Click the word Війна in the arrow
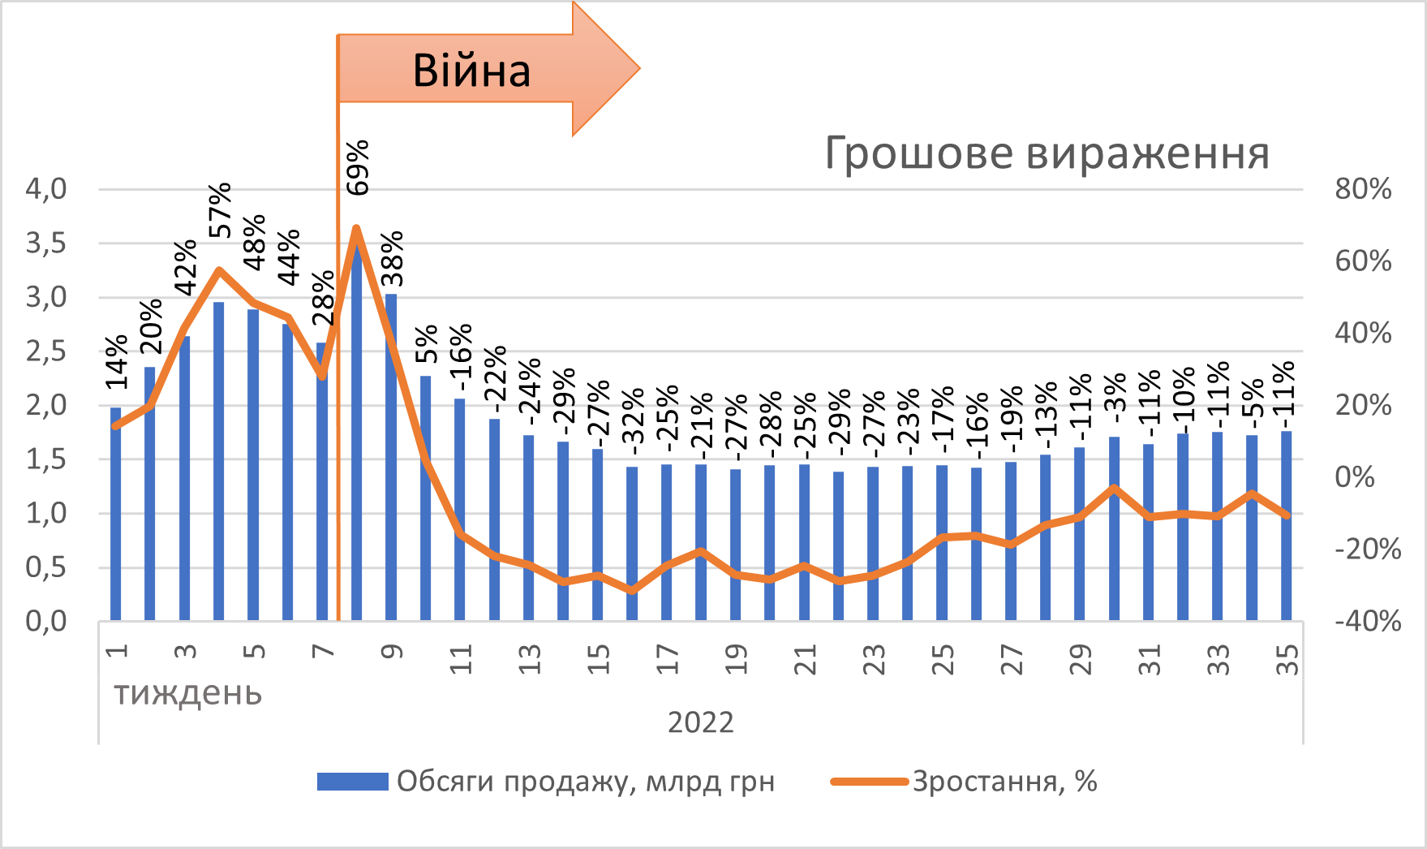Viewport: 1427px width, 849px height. click(471, 71)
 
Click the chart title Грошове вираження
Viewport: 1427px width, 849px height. click(1047, 153)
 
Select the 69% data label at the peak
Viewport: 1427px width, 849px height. click(358, 167)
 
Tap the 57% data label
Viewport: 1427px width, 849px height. click(220, 210)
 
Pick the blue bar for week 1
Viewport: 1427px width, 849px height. click(116, 515)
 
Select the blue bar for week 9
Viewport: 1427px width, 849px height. click(391, 458)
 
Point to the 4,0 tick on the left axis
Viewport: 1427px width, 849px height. click(46, 189)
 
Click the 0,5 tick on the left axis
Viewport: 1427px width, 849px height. click(46, 567)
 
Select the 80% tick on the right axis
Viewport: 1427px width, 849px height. click(1363, 189)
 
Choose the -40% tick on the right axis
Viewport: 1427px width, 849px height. click(1368, 622)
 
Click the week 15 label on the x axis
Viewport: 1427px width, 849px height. click(599, 660)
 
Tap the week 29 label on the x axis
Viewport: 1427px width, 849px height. click(1081, 660)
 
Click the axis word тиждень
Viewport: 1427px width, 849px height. click(188, 694)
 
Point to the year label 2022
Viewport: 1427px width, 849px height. click(701, 722)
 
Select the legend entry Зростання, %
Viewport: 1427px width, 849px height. click(1004, 782)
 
